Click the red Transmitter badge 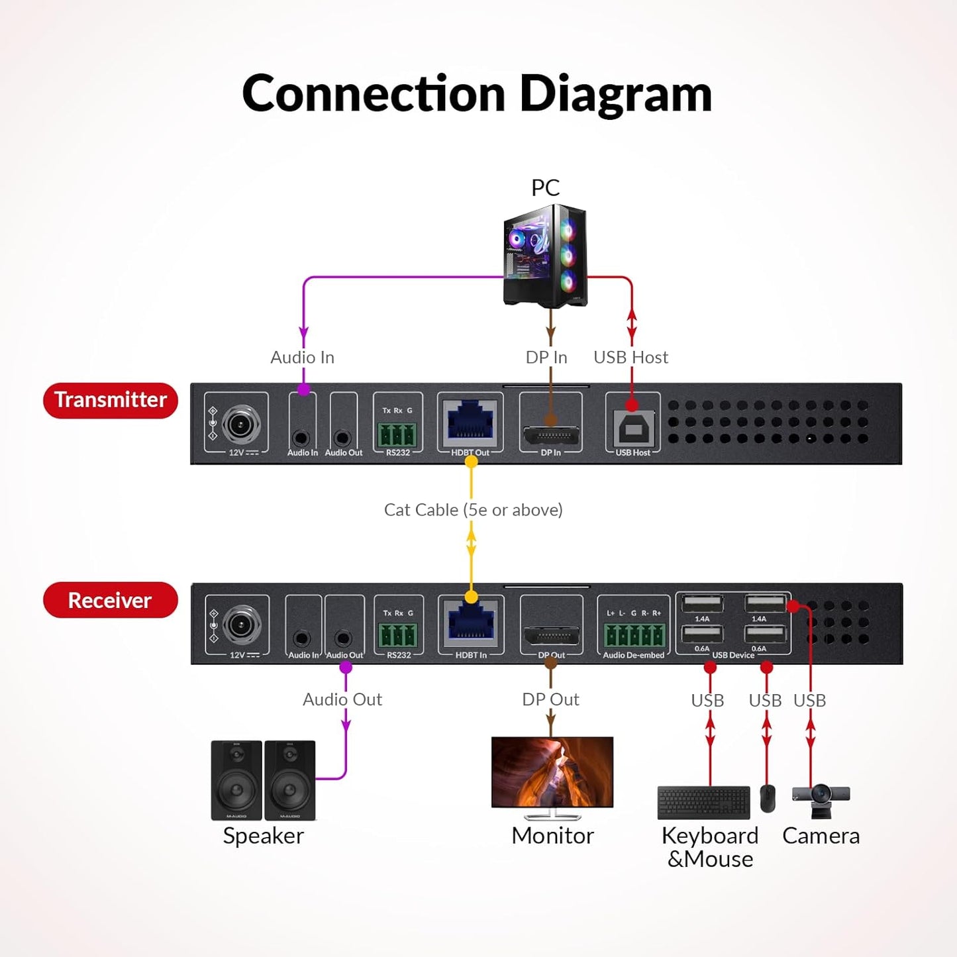(111, 400)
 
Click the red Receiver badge (111, 600)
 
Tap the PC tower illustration (545, 256)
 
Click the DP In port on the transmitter (551, 434)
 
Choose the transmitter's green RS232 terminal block (397, 434)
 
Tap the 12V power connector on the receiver (241, 625)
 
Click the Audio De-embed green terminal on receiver (634, 635)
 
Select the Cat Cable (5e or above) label (473, 510)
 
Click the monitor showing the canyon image (552, 772)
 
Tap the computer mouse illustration (768, 799)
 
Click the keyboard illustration (703, 803)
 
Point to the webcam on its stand (821, 800)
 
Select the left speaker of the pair (236, 780)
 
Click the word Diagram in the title (615, 93)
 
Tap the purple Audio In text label (302, 358)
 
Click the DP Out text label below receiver (550, 699)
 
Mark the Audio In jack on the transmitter (301, 438)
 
